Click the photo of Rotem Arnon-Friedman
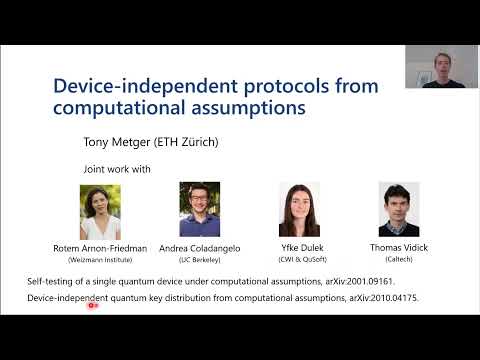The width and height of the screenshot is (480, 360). [100, 212]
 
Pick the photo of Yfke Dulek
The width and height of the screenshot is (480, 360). [299, 210]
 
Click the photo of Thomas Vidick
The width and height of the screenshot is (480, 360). [398, 210]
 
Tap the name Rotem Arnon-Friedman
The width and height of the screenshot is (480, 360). [100, 247]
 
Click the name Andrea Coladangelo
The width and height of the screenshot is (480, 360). [200, 247]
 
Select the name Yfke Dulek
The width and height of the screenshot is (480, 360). [299, 247]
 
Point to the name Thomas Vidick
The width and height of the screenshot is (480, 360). [398, 247]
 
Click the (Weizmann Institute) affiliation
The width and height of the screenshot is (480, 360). [100, 257]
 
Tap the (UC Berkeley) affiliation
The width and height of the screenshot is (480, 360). [200, 257]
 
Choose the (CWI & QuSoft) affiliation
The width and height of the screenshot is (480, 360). [299, 257]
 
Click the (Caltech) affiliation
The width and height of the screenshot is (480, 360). [398, 257]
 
